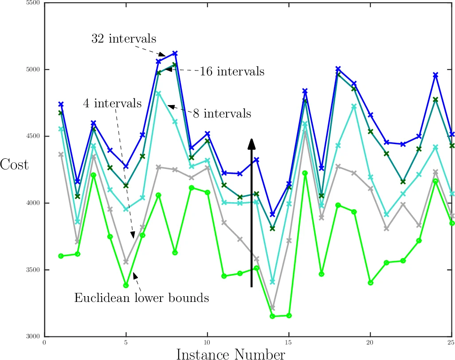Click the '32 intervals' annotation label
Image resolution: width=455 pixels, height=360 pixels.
tap(124, 39)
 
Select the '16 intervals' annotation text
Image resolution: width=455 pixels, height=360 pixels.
tap(232, 71)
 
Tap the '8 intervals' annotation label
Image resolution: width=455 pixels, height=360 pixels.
tap(222, 113)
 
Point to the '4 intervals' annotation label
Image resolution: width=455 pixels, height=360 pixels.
tap(112, 104)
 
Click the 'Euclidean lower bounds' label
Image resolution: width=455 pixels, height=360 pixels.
tap(141, 298)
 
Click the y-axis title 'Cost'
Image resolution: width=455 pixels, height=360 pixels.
tap(14, 164)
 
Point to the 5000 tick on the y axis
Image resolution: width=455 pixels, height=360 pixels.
tap(35, 70)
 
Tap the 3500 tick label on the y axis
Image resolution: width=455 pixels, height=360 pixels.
tap(35, 270)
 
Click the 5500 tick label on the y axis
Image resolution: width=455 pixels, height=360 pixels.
tap(35, 3)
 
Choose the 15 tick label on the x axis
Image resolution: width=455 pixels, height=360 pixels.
tap(289, 343)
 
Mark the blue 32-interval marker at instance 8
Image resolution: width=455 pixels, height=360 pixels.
tap(175, 53)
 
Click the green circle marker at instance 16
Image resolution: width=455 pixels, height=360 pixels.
tap(305, 173)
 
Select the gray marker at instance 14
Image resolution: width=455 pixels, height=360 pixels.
tap(272, 308)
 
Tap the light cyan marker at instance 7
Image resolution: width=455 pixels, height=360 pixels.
tap(158, 93)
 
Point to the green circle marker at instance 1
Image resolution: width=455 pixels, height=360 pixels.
tap(61, 256)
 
